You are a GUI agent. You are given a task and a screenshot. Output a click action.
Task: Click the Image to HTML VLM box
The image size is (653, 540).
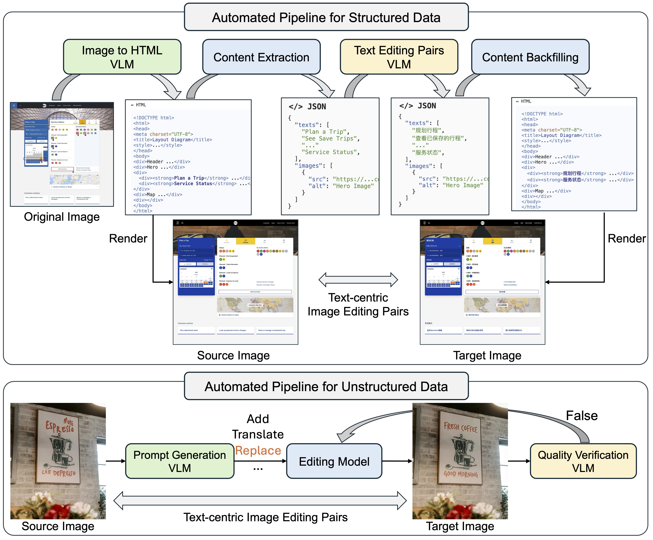pyautogui.click(x=122, y=57)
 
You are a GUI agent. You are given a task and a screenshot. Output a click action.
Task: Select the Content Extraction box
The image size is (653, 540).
pyautogui.click(x=261, y=57)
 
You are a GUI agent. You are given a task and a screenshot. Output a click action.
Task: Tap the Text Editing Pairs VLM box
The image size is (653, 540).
pyautogui.click(x=399, y=57)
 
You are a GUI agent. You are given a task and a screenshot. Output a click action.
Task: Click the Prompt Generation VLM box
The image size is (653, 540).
pyautogui.click(x=179, y=461)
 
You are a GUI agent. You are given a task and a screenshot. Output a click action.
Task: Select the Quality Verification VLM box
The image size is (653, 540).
pyautogui.click(x=583, y=461)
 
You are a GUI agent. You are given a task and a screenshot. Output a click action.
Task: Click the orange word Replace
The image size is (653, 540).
pyautogui.click(x=258, y=450)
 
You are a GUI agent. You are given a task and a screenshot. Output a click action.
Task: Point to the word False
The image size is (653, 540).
pyautogui.click(x=581, y=415)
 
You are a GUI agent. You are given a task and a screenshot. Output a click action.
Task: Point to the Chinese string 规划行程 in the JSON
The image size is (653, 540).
pyautogui.click(x=427, y=130)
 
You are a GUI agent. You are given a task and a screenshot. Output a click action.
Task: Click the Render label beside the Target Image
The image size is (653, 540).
pyautogui.click(x=626, y=238)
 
